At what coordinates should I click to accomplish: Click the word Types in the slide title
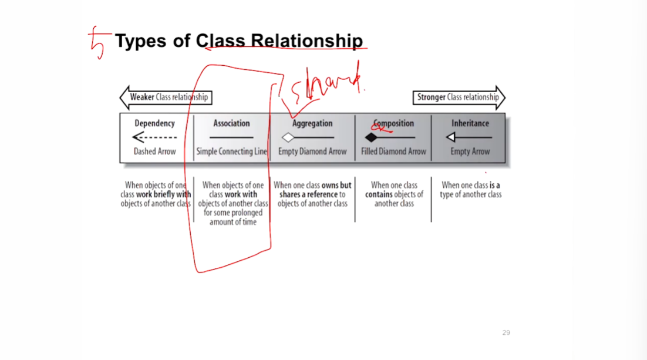click(140, 41)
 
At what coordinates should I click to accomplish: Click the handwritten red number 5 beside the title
click(97, 42)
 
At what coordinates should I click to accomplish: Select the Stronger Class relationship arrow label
click(457, 97)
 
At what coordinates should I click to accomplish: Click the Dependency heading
click(154, 123)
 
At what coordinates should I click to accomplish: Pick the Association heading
click(231, 123)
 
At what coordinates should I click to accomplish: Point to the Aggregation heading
click(312, 123)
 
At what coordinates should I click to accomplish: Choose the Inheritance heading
click(470, 123)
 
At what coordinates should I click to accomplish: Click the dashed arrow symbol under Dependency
click(154, 137)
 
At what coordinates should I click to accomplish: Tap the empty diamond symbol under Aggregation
click(288, 137)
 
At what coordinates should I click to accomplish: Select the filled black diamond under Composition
click(372, 137)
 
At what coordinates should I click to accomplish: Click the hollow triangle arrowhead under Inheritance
click(450, 137)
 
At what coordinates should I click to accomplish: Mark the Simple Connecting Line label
click(231, 152)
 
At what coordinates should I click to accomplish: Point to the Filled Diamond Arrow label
click(393, 152)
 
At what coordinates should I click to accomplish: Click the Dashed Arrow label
click(154, 152)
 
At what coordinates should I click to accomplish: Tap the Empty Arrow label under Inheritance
click(470, 152)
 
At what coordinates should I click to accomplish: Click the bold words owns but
click(336, 185)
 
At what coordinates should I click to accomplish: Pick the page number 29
click(506, 333)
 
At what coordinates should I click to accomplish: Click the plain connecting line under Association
click(231, 137)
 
